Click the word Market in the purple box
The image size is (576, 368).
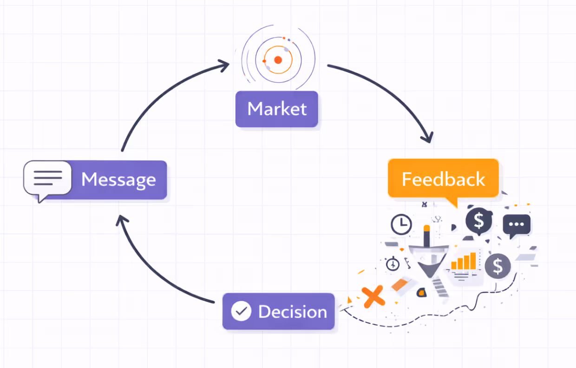(277, 109)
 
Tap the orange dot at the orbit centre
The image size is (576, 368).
(278, 60)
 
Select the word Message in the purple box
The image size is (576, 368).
(118, 179)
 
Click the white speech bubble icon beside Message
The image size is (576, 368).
(47, 178)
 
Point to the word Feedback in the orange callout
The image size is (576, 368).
(443, 179)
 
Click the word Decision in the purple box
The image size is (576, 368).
(293, 311)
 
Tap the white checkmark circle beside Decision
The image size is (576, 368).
(241, 311)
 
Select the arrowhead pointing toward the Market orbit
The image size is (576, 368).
(223, 65)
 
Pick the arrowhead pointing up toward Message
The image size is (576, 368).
(122, 221)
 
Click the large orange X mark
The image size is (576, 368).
(373, 296)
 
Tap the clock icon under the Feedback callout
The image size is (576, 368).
(401, 224)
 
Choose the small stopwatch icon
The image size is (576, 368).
(393, 264)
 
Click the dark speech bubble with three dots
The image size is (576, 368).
(516, 224)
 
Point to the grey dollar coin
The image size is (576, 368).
(497, 266)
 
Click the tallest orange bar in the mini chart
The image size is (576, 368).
(473, 261)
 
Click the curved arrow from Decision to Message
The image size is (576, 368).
(153, 269)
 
